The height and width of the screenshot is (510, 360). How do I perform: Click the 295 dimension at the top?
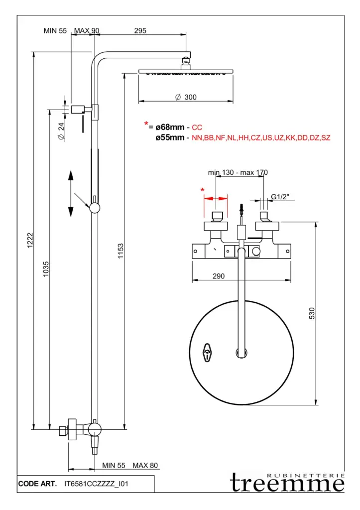click(140, 30)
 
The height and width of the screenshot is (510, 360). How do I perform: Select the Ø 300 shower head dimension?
click(186, 97)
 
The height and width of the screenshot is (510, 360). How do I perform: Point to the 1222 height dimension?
click(30, 240)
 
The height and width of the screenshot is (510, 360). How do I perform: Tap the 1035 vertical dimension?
click(46, 269)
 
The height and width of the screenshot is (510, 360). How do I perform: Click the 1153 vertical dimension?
click(120, 251)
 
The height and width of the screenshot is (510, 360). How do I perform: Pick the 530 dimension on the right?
click(312, 313)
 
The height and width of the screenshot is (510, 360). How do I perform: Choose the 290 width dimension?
click(219, 276)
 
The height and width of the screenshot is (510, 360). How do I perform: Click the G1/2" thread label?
click(280, 197)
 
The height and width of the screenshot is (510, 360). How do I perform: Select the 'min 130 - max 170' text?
click(238, 172)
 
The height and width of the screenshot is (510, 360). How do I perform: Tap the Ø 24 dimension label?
click(61, 131)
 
